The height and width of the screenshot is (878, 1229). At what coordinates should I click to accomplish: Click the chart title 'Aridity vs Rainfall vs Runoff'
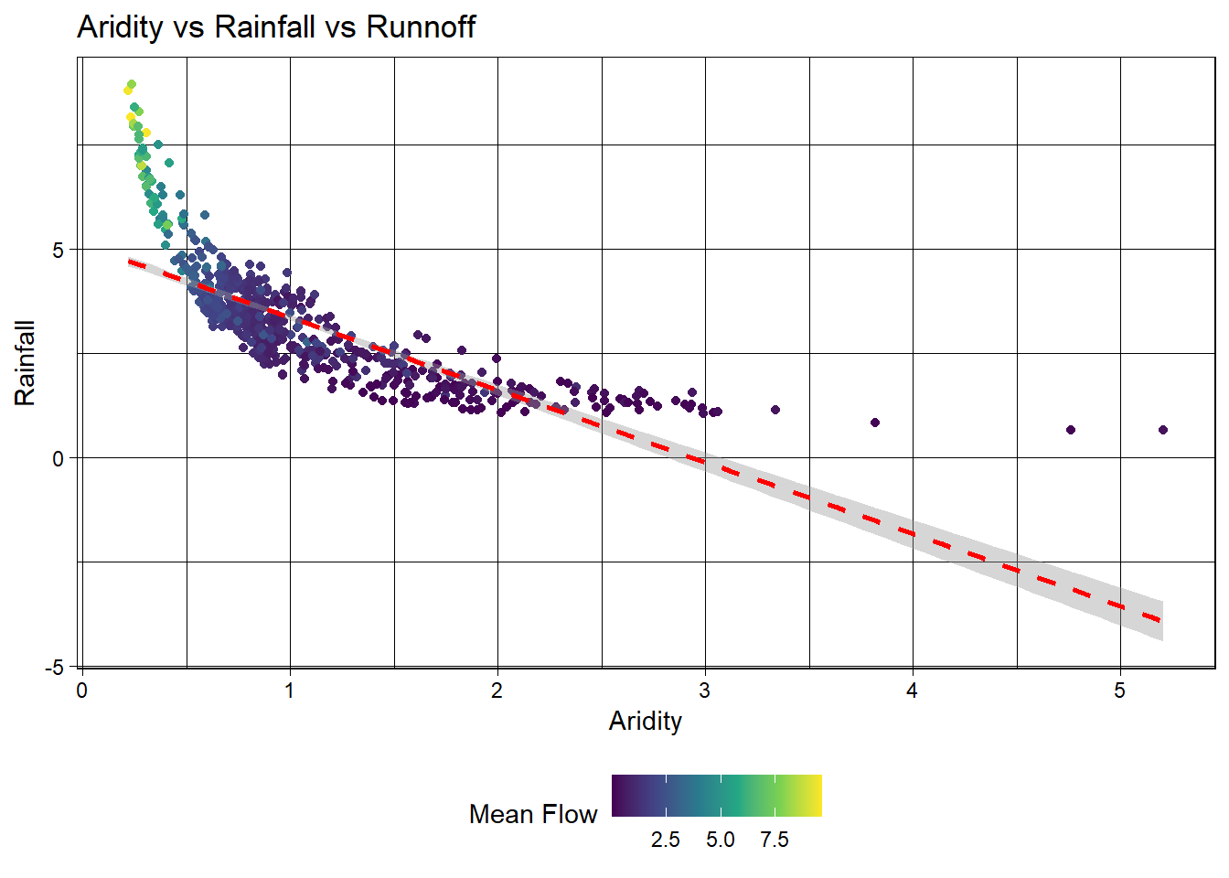point(276,27)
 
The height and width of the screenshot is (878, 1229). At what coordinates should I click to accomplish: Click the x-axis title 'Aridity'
point(646,721)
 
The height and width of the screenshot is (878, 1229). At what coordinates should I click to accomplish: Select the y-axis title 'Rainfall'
point(25,363)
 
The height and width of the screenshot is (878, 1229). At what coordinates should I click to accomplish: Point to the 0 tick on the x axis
point(82,691)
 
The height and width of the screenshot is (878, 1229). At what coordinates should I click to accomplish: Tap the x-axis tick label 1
point(290,691)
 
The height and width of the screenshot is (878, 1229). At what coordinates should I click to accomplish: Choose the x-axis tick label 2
point(497,691)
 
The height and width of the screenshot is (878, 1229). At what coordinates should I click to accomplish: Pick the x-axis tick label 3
point(705,691)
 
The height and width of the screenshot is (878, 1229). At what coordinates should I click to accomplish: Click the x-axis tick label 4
point(913,691)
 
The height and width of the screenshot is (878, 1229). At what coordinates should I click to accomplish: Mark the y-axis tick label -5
point(55,667)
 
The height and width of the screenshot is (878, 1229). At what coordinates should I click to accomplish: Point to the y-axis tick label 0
point(59,458)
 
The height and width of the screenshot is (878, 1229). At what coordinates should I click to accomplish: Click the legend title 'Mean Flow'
point(533,814)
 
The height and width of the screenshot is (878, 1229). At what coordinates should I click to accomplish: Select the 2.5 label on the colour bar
point(666,840)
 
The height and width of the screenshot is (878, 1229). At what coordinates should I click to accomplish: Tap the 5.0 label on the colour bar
point(721,840)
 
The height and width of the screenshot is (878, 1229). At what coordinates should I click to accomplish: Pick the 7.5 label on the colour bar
point(775,840)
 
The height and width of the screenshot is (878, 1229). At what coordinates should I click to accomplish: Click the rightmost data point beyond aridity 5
point(1163,430)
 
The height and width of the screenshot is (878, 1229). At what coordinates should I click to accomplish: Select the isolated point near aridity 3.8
point(875,423)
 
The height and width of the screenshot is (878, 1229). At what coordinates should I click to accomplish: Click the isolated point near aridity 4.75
point(1071,430)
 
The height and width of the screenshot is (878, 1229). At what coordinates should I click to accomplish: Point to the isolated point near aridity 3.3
point(775,410)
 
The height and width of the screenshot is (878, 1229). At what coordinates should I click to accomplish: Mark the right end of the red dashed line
point(1160,620)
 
